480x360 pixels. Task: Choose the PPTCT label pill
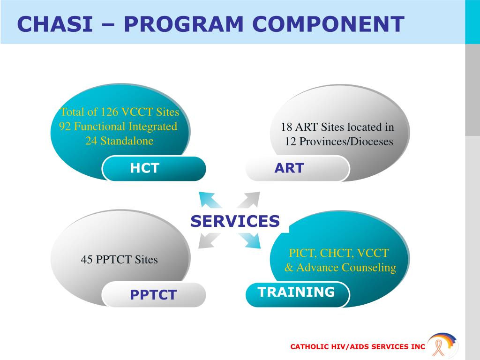click(x=154, y=295)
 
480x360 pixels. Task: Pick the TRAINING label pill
click(x=297, y=292)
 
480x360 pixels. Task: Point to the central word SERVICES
click(x=235, y=221)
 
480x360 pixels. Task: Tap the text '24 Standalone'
click(x=119, y=141)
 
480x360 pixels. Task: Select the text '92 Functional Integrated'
click(x=118, y=127)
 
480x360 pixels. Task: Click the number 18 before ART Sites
click(x=286, y=127)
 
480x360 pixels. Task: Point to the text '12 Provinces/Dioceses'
click(x=338, y=142)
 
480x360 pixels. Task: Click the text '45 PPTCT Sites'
click(x=119, y=259)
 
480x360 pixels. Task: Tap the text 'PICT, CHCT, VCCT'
click(x=338, y=254)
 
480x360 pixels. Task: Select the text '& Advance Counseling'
click(x=340, y=268)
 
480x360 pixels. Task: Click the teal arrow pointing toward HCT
click(x=210, y=200)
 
